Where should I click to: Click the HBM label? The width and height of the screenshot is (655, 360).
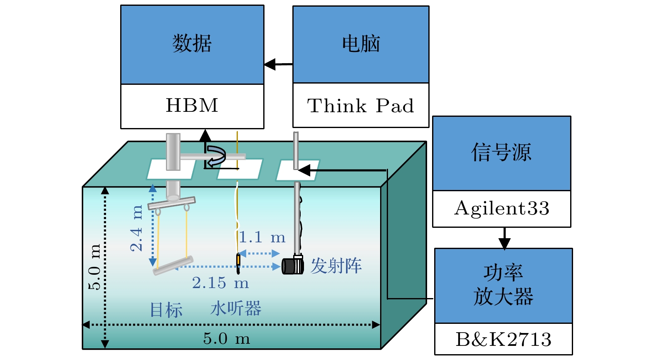[x=192, y=106]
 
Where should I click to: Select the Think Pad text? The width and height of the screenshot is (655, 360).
[x=361, y=106]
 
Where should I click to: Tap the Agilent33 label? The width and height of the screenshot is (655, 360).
[x=502, y=208]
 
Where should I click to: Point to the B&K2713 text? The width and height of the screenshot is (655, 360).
[x=503, y=339]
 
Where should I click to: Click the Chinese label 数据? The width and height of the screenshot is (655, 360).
[x=192, y=43]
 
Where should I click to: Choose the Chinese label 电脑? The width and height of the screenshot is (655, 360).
[x=361, y=44]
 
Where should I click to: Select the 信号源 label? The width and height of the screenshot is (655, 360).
[x=501, y=152]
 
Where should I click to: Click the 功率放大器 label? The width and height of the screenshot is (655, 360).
[x=503, y=285]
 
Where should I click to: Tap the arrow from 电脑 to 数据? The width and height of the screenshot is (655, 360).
[x=278, y=64]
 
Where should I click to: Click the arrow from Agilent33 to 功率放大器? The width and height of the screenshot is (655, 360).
[x=504, y=238]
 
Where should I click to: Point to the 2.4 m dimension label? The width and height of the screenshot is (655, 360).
[x=136, y=228]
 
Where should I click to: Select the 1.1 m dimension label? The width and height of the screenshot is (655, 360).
[x=262, y=237]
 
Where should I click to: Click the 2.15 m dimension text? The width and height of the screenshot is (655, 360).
[x=220, y=283]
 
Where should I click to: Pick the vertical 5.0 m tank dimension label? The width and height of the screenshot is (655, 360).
[x=94, y=266]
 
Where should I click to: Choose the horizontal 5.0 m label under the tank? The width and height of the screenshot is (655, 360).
[x=227, y=339]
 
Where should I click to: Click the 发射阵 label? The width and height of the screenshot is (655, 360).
[x=336, y=266]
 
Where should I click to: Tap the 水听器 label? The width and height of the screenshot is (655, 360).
[x=235, y=309]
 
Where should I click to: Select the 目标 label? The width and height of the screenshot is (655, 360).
[x=166, y=310]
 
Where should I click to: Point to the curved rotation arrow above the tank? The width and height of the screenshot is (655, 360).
[x=216, y=156]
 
